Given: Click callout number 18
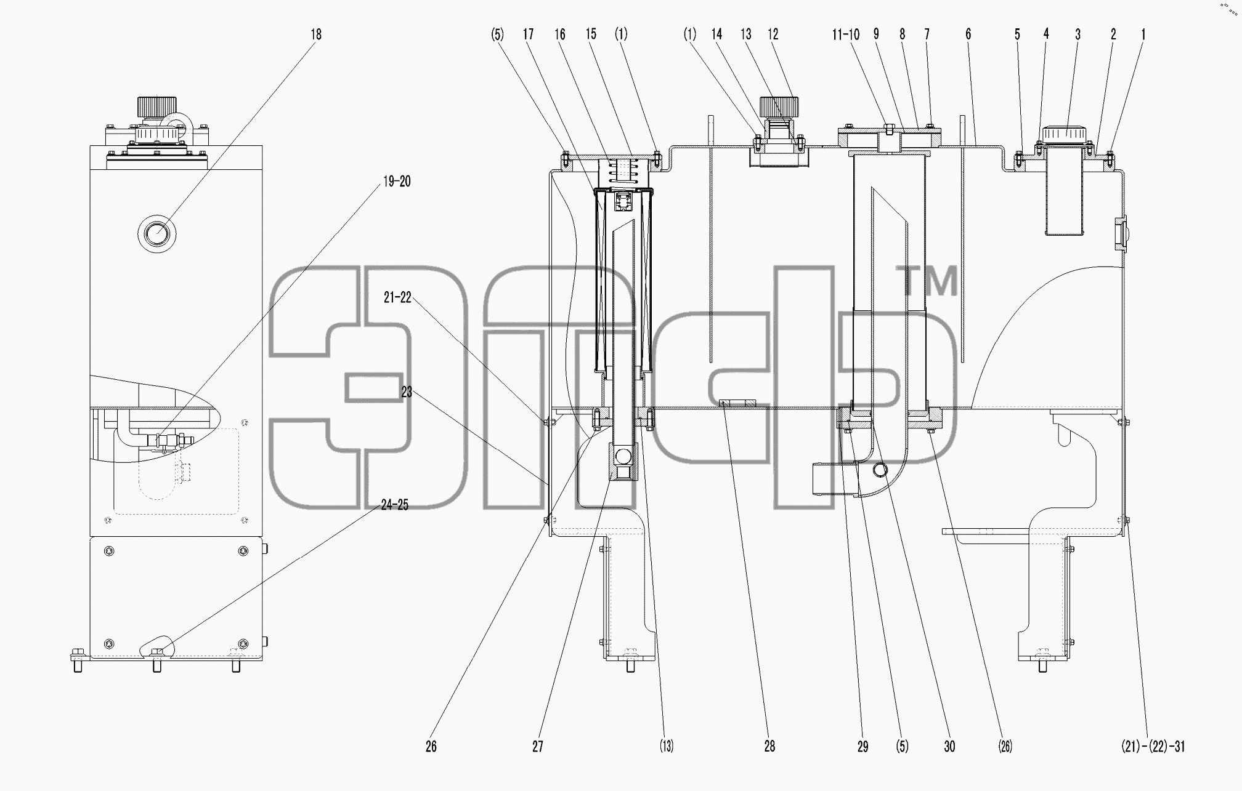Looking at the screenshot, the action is [316, 34].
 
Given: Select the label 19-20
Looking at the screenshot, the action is [397, 182].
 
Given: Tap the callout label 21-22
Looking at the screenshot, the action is [397, 298].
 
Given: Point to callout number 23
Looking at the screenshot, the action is [407, 392].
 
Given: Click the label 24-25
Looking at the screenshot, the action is [395, 505].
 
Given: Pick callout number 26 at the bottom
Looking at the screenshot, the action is [431, 747].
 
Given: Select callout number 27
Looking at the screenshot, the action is [538, 747].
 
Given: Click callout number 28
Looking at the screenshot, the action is [769, 747].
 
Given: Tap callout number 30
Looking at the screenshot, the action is [950, 747].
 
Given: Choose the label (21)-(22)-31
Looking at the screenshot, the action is [1153, 747].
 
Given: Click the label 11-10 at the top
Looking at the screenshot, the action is [846, 34].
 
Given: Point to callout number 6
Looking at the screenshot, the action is [968, 34].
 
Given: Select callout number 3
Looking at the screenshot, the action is [1078, 34].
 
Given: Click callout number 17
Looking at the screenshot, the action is [529, 34].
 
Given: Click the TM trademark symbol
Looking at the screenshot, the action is [930, 281].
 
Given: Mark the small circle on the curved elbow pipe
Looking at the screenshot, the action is [880, 471].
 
